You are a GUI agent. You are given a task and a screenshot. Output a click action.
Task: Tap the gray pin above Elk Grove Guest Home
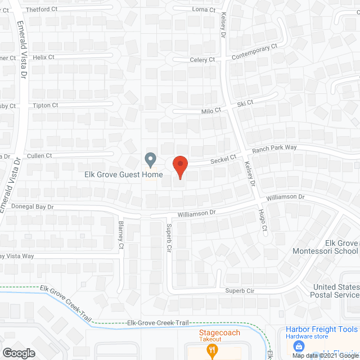[x=150, y=160]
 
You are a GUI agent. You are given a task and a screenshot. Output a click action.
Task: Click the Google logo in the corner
[x=19, y=353]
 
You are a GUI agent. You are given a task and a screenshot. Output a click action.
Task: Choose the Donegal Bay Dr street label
[x=31, y=207]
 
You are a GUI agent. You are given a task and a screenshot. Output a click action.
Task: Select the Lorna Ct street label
[x=204, y=10]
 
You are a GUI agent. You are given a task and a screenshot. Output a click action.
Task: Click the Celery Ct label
[x=202, y=60]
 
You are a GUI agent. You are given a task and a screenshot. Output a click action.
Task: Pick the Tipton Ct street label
[x=45, y=105]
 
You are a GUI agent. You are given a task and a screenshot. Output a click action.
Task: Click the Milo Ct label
[x=211, y=111]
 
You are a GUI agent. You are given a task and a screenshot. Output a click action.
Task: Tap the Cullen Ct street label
[x=39, y=155]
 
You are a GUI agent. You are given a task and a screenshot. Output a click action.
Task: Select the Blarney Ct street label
[x=121, y=232]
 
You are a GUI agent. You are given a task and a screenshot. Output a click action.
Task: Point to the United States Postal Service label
[x=336, y=291]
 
